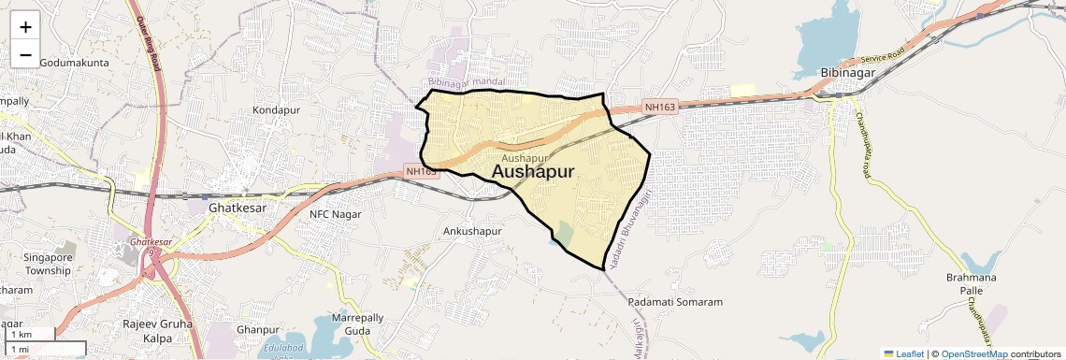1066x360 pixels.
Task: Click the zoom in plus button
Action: pyautogui.click(x=25, y=27)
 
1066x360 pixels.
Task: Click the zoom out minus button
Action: pyautogui.click(x=25, y=55)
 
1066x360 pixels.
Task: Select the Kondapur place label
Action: pyautogui.click(x=276, y=110)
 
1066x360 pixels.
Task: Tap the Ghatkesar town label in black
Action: pyautogui.click(x=238, y=208)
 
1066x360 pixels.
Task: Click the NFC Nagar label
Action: pyautogui.click(x=335, y=214)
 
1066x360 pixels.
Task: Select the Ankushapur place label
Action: pyautogui.click(x=472, y=231)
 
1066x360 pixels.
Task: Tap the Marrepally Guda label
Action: pyautogui.click(x=357, y=324)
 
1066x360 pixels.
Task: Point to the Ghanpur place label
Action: pyautogui.click(x=259, y=330)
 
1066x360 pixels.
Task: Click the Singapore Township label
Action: pyautogui.click(x=48, y=264)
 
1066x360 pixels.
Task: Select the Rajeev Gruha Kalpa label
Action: pyautogui.click(x=157, y=330)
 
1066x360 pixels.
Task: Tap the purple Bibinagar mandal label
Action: pyautogui.click(x=467, y=83)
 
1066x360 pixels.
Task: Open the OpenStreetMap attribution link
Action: pyautogui.click(x=973, y=354)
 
